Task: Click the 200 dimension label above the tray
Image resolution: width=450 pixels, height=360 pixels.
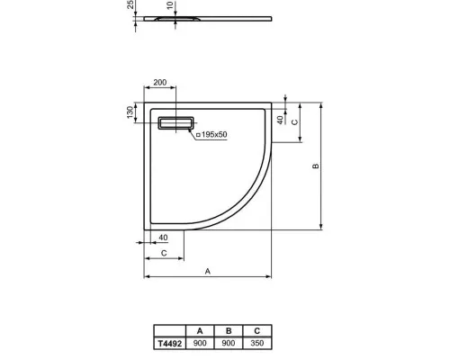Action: (x=160, y=83)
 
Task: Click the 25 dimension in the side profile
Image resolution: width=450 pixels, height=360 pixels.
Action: (x=131, y=6)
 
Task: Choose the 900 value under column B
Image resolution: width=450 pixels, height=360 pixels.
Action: (x=229, y=342)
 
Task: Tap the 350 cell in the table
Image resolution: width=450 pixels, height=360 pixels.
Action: (x=257, y=342)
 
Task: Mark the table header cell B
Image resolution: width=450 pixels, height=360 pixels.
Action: (x=229, y=330)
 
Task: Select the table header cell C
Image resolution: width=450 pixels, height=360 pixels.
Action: (x=257, y=330)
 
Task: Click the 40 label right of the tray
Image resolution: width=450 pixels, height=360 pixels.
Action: (x=279, y=118)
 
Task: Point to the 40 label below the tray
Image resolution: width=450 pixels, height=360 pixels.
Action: (x=162, y=238)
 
